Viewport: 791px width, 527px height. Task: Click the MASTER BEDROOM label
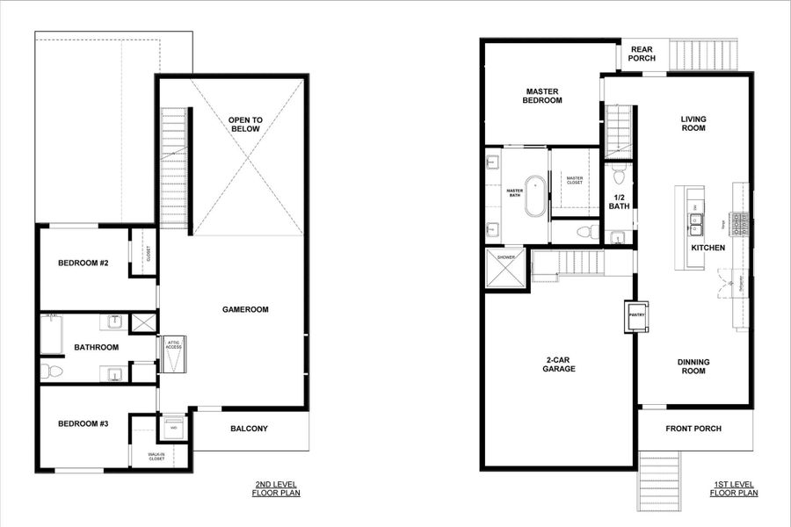point(543,96)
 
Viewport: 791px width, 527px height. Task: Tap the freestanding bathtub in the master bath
point(535,195)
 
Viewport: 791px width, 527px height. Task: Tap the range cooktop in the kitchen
point(742,225)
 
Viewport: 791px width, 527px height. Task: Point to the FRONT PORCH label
point(694,429)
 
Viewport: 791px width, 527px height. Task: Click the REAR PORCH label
point(641,54)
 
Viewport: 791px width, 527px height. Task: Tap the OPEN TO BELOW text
point(245,124)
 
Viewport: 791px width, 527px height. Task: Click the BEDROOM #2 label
point(83,263)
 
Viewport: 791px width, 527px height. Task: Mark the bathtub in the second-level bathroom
point(52,335)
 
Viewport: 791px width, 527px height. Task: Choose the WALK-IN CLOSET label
point(156,456)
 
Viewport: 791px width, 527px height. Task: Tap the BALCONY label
point(249,430)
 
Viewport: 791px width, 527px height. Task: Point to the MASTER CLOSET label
point(575,180)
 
